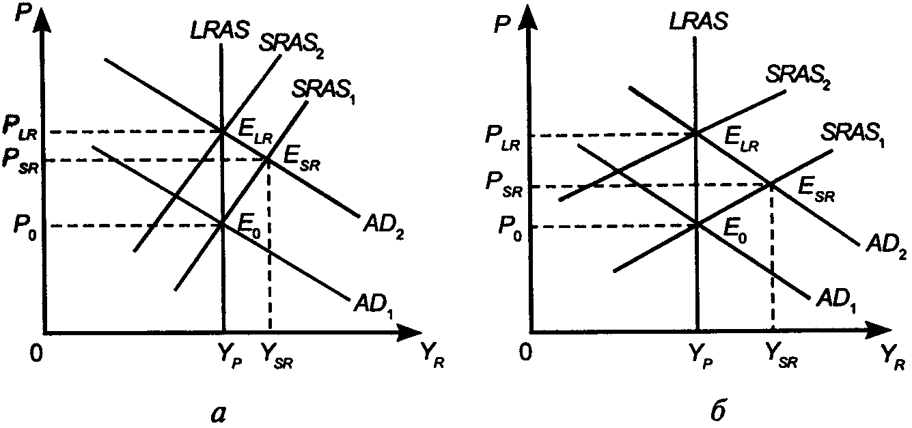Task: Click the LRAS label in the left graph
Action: click(218, 31)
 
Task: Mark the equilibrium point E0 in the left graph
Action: click(223, 224)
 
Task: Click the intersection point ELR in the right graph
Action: click(695, 133)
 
